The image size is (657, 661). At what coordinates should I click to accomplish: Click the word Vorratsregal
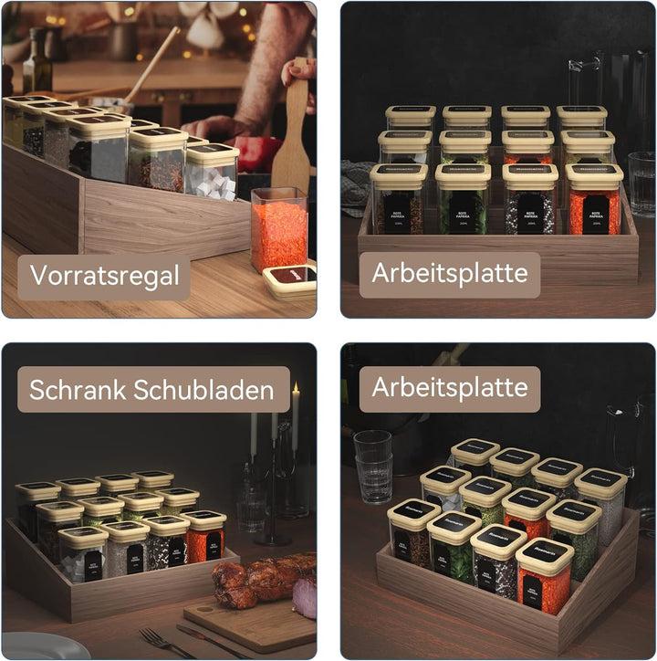pyautogui.click(x=103, y=275)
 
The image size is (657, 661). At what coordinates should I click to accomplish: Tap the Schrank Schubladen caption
pyautogui.click(x=151, y=390)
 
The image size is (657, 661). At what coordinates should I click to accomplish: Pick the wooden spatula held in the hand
pyautogui.click(x=293, y=137)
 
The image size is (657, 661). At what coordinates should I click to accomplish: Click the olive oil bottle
pyautogui.click(x=36, y=64)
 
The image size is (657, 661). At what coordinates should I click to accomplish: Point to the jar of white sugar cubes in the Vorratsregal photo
pyautogui.click(x=212, y=173)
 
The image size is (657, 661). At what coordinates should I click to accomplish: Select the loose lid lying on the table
pyautogui.click(x=290, y=279)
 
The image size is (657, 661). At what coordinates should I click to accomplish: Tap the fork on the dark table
pyautogui.click(x=164, y=642)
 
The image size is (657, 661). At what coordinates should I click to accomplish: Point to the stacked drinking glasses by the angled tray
pyautogui.click(x=372, y=467)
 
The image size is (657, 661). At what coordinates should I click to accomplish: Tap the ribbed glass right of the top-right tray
pyautogui.click(x=641, y=183)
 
